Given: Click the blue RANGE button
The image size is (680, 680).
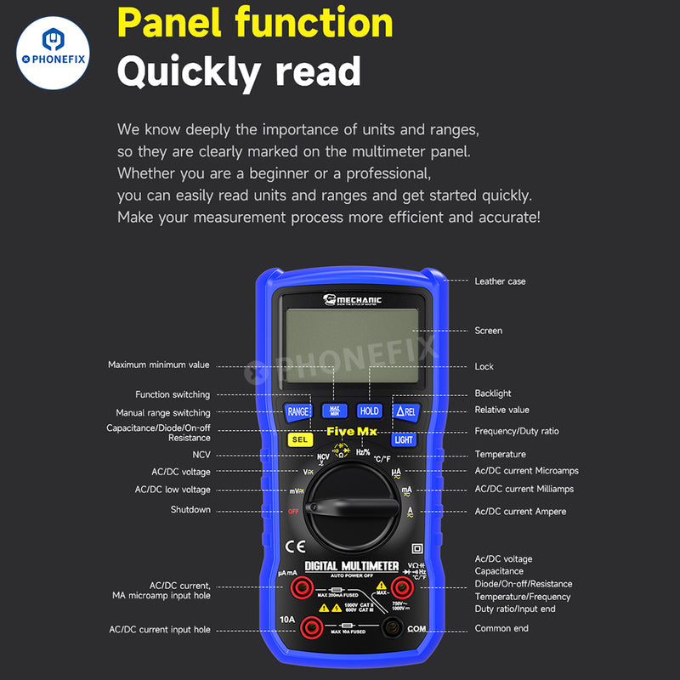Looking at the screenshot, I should (297, 411).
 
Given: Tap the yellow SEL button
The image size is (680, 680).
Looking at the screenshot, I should (299, 439).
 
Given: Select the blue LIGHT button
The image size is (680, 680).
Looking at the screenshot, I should (404, 439).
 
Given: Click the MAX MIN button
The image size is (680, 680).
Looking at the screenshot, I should (334, 411).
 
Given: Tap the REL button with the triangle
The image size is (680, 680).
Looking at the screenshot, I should (405, 411).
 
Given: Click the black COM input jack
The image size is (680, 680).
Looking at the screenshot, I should (392, 628).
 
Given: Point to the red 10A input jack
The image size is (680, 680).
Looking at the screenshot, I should (311, 628).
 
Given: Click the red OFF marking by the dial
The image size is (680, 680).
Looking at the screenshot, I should (293, 512).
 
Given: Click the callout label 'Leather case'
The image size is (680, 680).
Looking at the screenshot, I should (500, 281).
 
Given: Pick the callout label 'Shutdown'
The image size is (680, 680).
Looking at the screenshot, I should (190, 510).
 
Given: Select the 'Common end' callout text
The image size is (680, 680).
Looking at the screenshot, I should (501, 628).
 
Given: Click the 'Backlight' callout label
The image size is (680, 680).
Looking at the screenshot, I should (493, 394).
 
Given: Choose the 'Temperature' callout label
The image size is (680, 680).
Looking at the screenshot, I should (500, 455).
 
